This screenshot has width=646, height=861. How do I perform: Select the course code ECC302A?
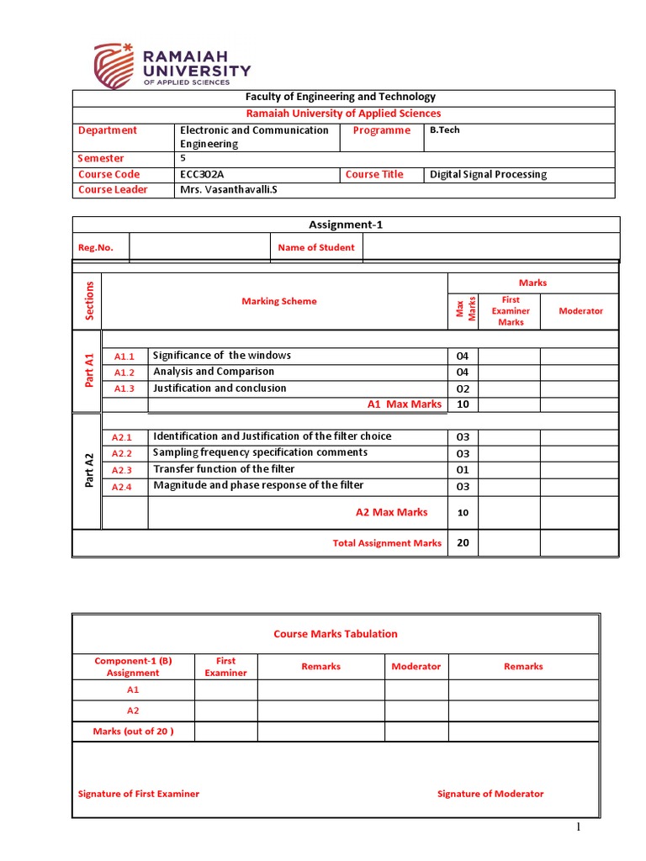click(203, 174)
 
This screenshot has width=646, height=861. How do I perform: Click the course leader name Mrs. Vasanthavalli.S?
click(228, 189)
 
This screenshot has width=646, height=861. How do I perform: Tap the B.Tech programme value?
click(444, 130)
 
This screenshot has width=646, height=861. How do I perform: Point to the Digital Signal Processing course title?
click(488, 174)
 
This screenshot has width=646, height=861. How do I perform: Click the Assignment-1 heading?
click(346, 224)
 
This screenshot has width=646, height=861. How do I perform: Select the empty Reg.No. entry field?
click(199, 247)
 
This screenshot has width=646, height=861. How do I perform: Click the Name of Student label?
click(316, 247)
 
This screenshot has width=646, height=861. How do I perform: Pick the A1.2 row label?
click(124, 372)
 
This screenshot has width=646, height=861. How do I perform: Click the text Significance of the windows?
click(222, 356)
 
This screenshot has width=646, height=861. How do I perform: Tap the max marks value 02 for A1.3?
click(462, 388)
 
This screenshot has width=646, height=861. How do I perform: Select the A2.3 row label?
click(123, 470)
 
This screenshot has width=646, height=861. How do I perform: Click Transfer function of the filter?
click(224, 469)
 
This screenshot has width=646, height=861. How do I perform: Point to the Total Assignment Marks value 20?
click(462, 543)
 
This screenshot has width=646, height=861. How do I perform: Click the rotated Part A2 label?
click(88, 471)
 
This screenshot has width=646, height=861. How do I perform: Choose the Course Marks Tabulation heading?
click(336, 634)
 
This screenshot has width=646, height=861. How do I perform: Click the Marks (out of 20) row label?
click(133, 732)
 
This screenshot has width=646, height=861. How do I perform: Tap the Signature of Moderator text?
click(490, 794)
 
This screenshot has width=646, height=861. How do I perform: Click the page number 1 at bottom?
click(579, 827)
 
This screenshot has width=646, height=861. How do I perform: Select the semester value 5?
click(183, 158)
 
